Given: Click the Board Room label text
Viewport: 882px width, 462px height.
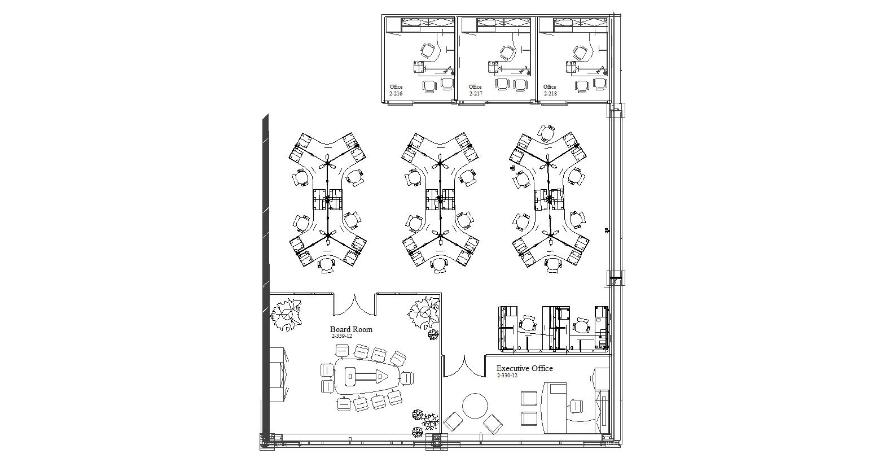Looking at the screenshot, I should pos(351,329).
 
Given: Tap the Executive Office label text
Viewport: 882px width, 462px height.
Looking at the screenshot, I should pos(524,368).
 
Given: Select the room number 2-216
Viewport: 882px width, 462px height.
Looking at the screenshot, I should pos(396,94).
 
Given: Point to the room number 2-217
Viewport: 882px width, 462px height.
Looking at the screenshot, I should pos(476,94).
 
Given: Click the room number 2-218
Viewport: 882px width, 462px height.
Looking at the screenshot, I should pos(550,94).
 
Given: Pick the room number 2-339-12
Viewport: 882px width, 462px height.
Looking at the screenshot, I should pos(342,336).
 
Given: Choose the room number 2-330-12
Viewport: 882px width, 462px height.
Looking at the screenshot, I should pos(507,376).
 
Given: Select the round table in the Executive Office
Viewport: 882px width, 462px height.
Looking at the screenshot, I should pos(475,406).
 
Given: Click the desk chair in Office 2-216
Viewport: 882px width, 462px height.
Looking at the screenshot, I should pos(428,51).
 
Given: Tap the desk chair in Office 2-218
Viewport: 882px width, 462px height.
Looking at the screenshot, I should pos(580,53).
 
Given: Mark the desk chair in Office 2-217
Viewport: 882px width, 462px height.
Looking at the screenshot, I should pos(508,53).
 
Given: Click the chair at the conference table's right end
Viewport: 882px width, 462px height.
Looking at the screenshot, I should pos(406,377).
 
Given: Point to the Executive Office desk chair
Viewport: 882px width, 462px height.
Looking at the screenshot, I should pos(576,406).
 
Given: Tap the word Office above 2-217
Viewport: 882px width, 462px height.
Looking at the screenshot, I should pos(475,87).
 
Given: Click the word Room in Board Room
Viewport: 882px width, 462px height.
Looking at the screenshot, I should pos(362,329).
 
